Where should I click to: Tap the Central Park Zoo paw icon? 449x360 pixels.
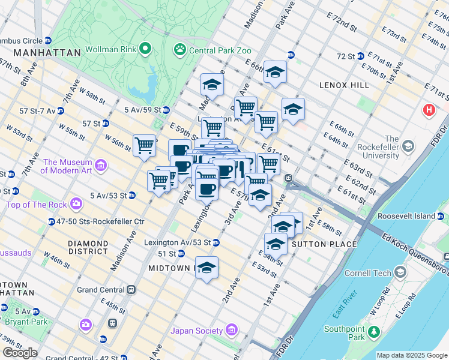pyautogui.click(x=179, y=49)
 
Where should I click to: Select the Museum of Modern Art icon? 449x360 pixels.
pyautogui.click(x=100, y=165)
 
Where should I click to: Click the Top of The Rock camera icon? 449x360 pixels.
pyautogui.click(x=76, y=204)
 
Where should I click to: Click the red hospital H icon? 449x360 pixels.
pyautogui.click(x=429, y=110)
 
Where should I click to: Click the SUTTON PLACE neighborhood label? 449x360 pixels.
pyautogui.click(x=324, y=244)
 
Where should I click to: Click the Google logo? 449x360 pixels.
pyautogui.click(x=20, y=353)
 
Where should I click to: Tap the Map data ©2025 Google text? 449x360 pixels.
pyautogui.click(x=411, y=355)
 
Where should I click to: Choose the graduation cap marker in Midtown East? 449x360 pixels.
pyautogui.click(x=206, y=268)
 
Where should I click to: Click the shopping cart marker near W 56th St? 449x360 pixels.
pyautogui.click(x=144, y=145)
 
